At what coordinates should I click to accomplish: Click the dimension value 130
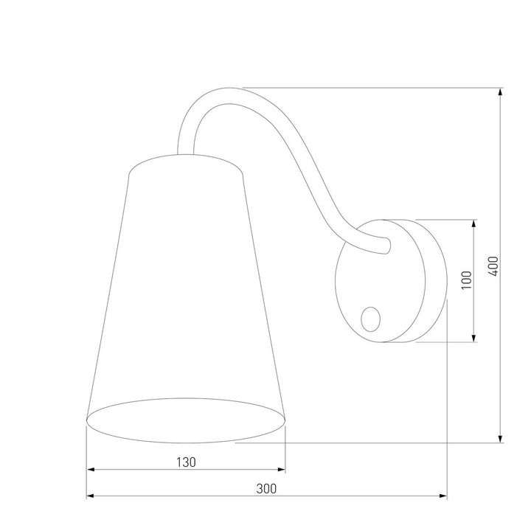(186, 462)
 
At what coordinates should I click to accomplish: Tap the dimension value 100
(465, 280)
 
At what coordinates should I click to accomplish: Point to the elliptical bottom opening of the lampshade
(186, 422)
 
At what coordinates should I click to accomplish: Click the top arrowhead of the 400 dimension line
(502, 93)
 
